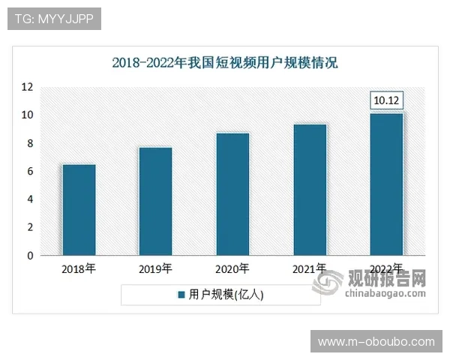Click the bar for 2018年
click(79, 210)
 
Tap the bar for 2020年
click(232, 194)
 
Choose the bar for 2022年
click(387, 184)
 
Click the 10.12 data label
click(387, 100)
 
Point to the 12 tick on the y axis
click(28, 87)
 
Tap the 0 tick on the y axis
click(30, 256)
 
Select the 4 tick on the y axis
click(30, 199)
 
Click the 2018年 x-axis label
click(79, 268)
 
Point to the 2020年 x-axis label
click(232, 268)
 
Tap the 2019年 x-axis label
click(155, 268)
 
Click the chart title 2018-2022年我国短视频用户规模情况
click(225, 63)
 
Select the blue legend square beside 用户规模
click(181, 295)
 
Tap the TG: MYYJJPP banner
click(54, 19)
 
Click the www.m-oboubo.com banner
click(376, 341)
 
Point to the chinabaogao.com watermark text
click(385, 295)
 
